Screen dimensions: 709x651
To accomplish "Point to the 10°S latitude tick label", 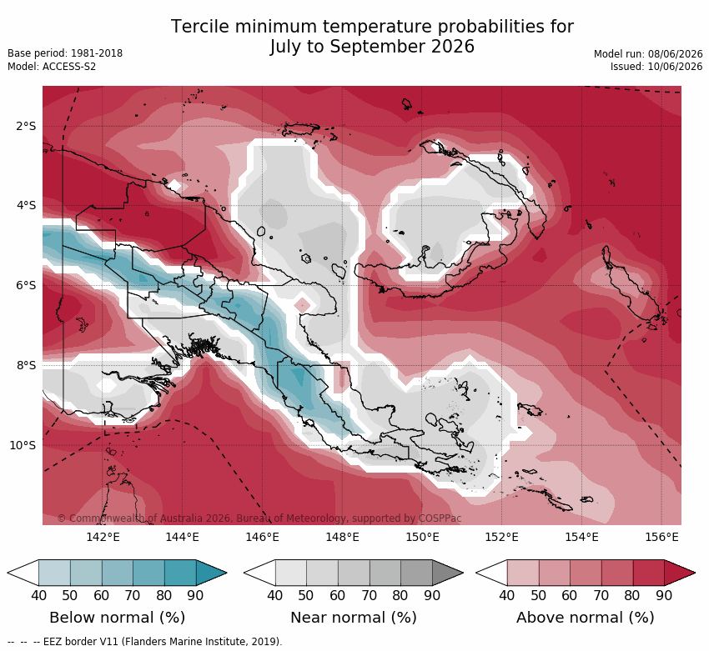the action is tap(23, 446).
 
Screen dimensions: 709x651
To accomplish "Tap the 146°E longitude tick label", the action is tap(262, 537).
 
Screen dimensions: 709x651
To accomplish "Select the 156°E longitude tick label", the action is tap(662, 537).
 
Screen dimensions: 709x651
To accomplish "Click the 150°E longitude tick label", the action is tap(422, 537).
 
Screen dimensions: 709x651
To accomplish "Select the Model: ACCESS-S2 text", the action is tap(52, 67).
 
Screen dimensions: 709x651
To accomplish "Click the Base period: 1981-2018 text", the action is tap(65, 53).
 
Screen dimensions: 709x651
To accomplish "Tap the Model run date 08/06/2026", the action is tap(675, 54).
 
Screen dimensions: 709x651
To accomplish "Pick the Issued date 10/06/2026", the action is tap(675, 67).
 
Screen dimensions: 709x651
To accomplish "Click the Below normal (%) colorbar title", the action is tap(117, 618).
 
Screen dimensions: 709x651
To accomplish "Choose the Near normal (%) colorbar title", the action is tap(354, 618).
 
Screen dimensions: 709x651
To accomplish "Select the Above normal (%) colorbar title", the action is tap(586, 618).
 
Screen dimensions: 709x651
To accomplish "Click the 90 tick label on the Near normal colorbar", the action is tap(432, 595).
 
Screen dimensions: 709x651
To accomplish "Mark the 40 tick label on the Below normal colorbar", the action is tap(39, 595).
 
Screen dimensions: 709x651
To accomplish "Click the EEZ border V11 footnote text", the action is tap(163, 642).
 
